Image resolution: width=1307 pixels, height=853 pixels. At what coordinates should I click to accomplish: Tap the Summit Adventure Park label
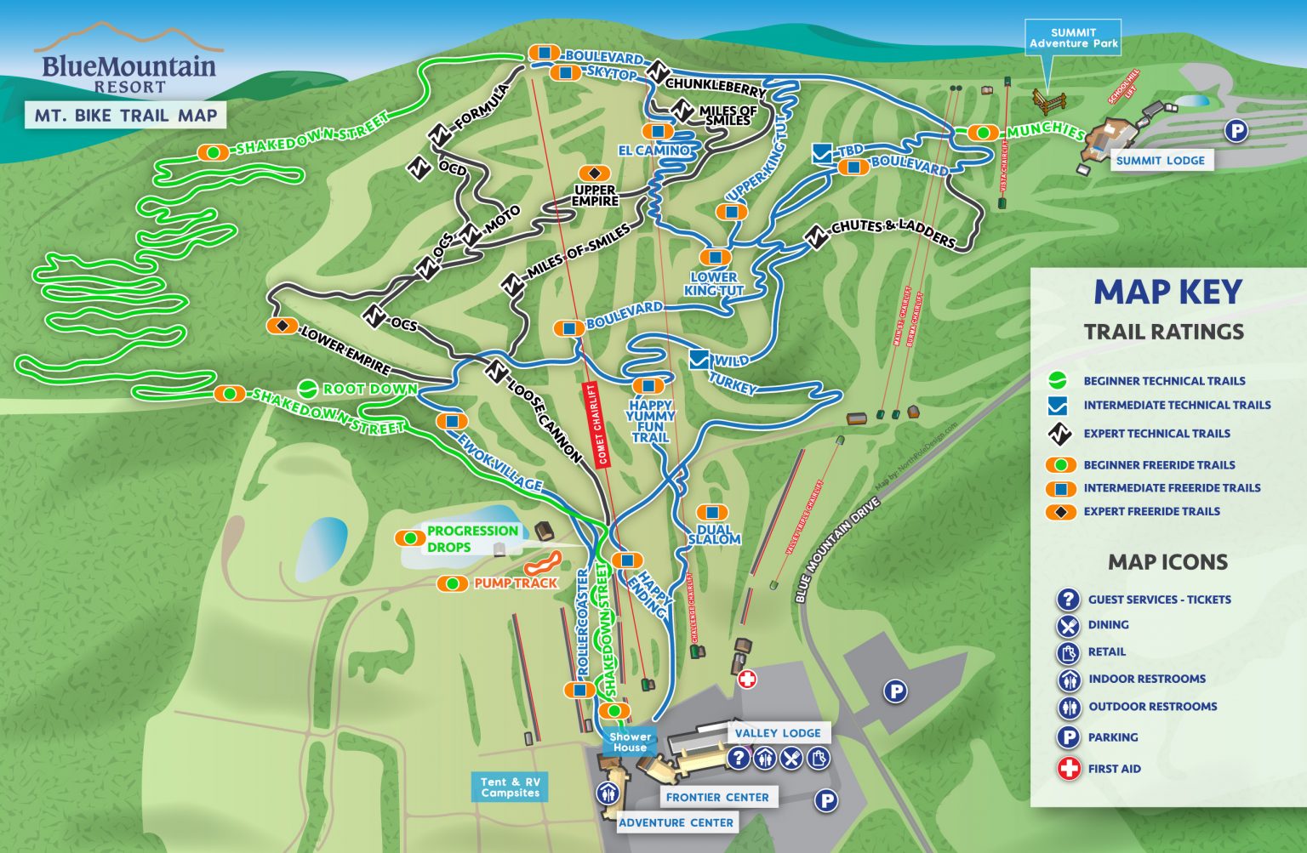coord(1073,38)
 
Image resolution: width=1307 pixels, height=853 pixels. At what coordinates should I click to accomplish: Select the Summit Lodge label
coord(1160,160)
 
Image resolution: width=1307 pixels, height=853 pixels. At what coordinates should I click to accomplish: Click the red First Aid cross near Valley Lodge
coord(747,679)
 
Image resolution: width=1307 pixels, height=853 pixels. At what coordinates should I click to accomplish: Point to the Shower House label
coord(630,742)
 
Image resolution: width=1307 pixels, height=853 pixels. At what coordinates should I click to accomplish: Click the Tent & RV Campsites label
coord(510,787)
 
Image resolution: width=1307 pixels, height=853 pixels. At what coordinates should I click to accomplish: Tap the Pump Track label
coord(515,583)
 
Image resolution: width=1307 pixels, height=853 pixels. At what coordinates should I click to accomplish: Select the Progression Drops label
coord(471,538)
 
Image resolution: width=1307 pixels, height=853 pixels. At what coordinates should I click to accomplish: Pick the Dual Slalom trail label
coord(714,534)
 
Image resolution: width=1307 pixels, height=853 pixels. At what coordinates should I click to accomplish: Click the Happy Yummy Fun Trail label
coord(650,421)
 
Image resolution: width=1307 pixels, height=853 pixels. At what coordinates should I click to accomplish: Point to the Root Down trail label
coord(369,389)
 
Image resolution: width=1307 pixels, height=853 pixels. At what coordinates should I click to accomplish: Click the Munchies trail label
coord(1045,131)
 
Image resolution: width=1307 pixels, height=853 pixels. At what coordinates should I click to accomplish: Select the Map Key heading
coord(1167,292)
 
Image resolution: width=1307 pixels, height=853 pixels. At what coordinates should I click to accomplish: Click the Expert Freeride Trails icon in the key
coord(1060,511)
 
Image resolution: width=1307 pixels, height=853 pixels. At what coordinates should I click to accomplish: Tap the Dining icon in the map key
coord(1068,626)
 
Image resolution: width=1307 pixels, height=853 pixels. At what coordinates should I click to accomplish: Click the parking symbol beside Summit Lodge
coord(1236,131)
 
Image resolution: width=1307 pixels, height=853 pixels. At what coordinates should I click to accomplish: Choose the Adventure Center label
coord(676,822)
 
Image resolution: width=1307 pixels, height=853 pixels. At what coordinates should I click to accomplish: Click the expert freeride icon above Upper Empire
coord(594,173)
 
